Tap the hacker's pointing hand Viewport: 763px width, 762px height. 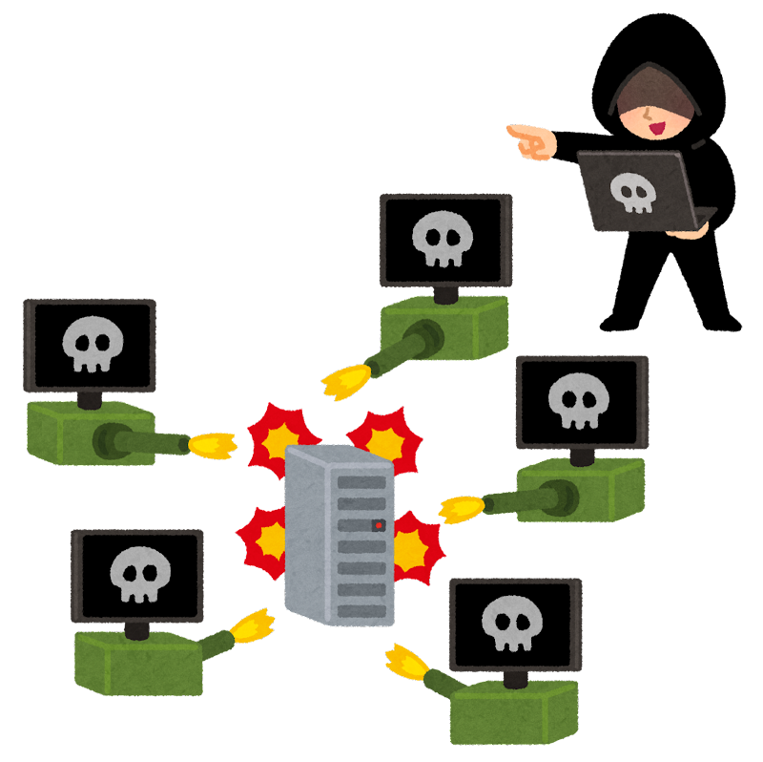[532, 140]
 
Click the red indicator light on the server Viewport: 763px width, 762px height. [379, 525]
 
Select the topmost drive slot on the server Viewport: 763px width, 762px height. [361, 482]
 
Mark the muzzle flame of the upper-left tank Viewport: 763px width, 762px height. [212, 445]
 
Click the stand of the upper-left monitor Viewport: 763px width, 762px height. [90, 399]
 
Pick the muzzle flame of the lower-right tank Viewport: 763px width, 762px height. [405, 662]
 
